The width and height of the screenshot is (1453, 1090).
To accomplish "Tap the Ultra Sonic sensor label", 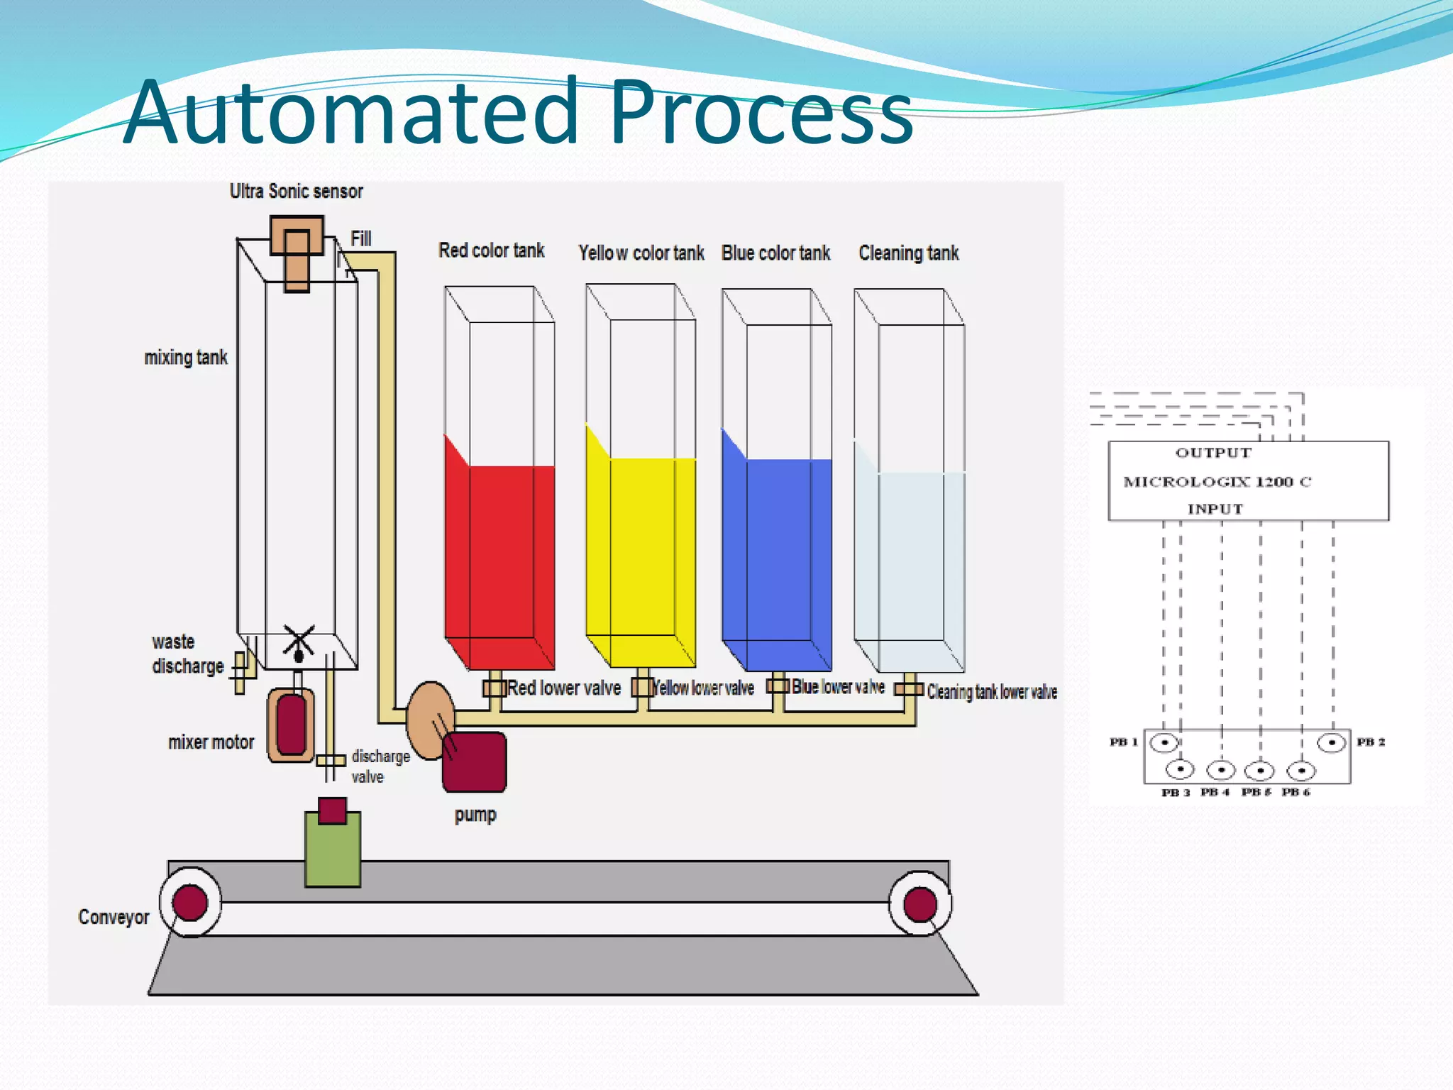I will click(296, 192).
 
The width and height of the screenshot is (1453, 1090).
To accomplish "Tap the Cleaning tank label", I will click(908, 253).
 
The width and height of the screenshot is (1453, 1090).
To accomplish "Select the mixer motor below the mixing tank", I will click(292, 725).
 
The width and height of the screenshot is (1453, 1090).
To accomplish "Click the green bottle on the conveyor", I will click(333, 848).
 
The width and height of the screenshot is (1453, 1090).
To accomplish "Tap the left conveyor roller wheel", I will click(190, 903).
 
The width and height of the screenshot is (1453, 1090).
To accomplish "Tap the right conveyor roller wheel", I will click(920, 904).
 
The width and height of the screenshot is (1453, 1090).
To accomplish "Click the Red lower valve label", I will click(564, 688).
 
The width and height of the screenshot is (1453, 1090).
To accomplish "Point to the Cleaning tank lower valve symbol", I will click(909, 689).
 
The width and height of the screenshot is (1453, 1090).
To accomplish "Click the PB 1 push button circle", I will click(1164, 742).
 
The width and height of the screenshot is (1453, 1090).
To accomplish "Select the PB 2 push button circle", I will click(1331, 742).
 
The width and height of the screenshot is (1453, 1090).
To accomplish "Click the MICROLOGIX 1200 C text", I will click(1217, 482).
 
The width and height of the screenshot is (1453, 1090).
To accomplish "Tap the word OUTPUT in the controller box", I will click(1213, 453).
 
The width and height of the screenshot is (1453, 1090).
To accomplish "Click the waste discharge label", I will click(187, 654).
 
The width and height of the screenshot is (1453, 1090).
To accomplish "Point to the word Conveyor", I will click(114, 918).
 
